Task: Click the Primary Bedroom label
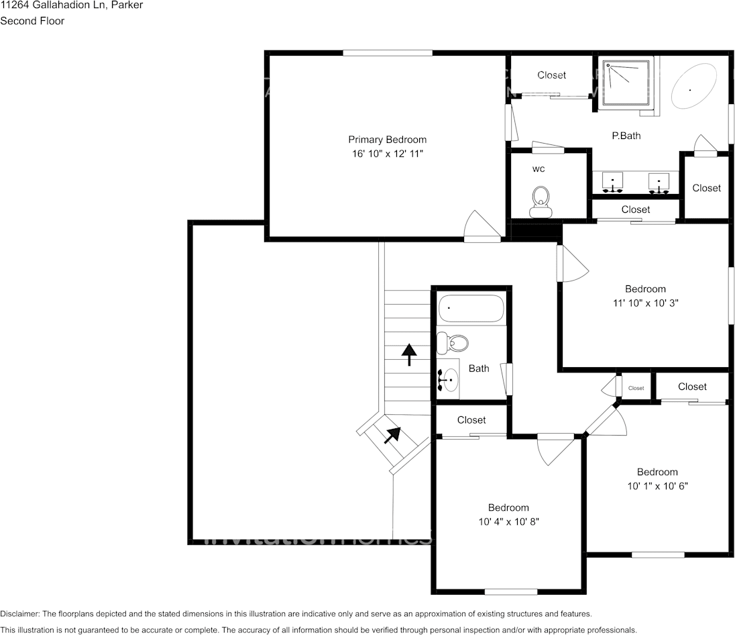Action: pyautogui.click(x=387, y=140)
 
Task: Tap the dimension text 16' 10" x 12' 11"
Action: pyautogui.click(x=387, y=154)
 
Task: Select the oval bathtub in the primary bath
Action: pyautogui.click(x=692, y=87)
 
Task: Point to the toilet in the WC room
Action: pyautogui.click(x=540, y=202)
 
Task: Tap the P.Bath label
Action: pyautogui.click(x=626, y=136)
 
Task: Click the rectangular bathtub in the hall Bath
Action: pyautogui.click(x=471, y=309)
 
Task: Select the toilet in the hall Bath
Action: pyautogui.click(x=452, y=343)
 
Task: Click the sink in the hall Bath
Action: pyautogui.click(x=448, y=380)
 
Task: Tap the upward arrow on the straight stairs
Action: pyautogui.click(x=408, y=354)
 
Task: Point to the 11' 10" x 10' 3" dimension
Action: pyautogui.click(x=645, y=303)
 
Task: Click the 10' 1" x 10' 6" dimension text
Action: pyautogui.click(x=657, y=485)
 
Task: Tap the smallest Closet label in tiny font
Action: pyautogui.click(x=636, y=388)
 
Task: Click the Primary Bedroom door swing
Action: pyautogui.click(x=482, y=226)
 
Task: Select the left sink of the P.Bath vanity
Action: pyautogui.click(x=613, y=182)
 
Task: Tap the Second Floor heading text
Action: pyautogui.click(x=32, y=21)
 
